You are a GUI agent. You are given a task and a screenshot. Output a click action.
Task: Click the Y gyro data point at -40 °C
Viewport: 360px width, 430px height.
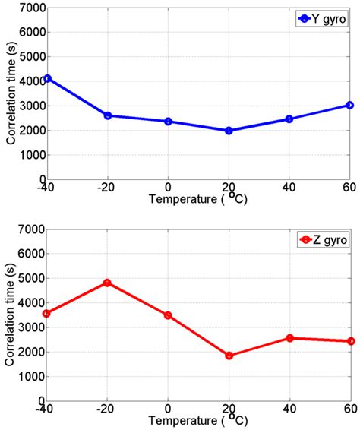(47, 78)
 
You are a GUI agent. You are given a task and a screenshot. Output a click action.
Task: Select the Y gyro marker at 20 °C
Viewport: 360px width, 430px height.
(229, 131)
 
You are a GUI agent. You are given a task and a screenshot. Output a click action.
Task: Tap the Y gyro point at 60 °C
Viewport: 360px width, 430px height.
(349, 105)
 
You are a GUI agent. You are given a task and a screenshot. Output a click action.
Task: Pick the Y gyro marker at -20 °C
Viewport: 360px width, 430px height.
(108, 115)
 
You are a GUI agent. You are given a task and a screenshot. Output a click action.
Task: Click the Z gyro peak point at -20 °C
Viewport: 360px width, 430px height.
(108, 283)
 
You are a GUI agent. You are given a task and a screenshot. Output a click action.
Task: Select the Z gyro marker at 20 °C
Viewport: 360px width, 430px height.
(229, 356)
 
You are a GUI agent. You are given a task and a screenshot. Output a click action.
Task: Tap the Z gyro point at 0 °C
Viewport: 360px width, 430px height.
(168, 315)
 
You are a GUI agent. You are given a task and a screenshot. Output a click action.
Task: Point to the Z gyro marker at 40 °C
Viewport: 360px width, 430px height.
(289, 338)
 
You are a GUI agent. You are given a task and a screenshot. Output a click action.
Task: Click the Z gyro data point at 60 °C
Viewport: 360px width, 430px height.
(349, 341)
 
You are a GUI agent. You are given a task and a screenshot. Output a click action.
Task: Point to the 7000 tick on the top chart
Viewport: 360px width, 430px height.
(32, 7)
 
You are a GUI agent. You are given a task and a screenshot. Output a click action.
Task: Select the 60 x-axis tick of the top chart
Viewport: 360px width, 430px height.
(349, 187)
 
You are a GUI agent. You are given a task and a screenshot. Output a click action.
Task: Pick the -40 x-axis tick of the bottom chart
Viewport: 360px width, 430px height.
(46, 409)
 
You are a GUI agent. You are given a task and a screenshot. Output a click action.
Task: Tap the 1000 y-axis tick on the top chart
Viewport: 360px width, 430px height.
(32, 155)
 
